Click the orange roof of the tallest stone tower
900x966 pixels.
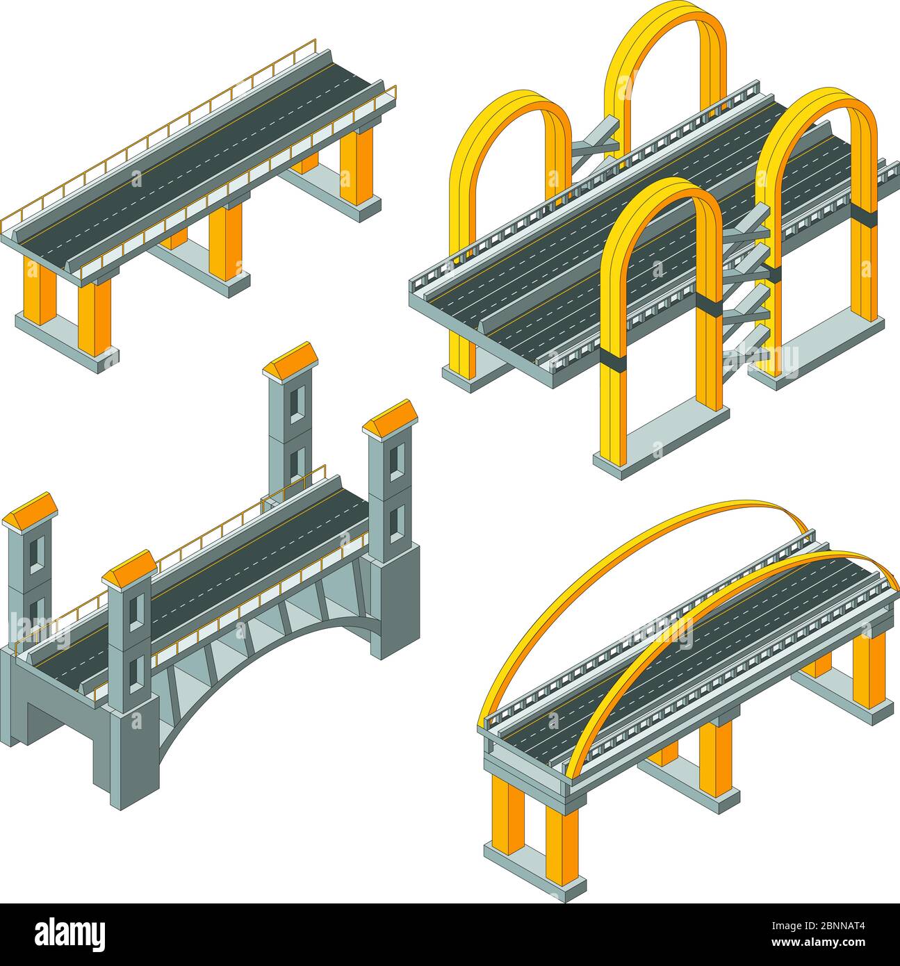[291, 357]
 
